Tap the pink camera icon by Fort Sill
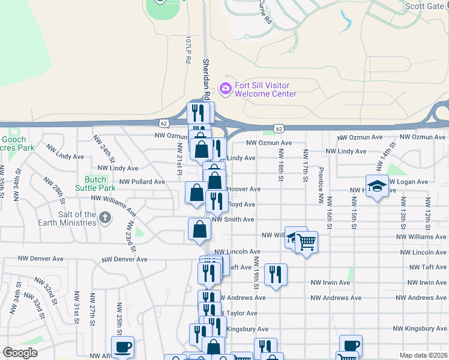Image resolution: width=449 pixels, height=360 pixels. (x=226, y=89)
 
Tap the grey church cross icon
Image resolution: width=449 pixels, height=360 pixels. (x=105, y=217)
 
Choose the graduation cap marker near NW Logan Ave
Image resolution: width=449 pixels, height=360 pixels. (x=377, y=186)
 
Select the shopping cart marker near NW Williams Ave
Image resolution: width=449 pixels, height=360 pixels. (x=306, y=241)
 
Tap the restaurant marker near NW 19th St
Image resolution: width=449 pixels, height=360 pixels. (x=276, y=274)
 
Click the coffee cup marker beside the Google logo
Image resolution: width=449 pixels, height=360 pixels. (x=122, y=346)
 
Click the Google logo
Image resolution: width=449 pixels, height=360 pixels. (x=20, y=353)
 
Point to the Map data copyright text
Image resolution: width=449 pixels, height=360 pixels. (x=423, y=355)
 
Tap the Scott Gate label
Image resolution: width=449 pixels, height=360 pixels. (x=424, y=6)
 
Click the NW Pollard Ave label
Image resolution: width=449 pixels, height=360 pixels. (x=142, y=182)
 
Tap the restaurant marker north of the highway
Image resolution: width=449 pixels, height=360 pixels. (x=199, y=112)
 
